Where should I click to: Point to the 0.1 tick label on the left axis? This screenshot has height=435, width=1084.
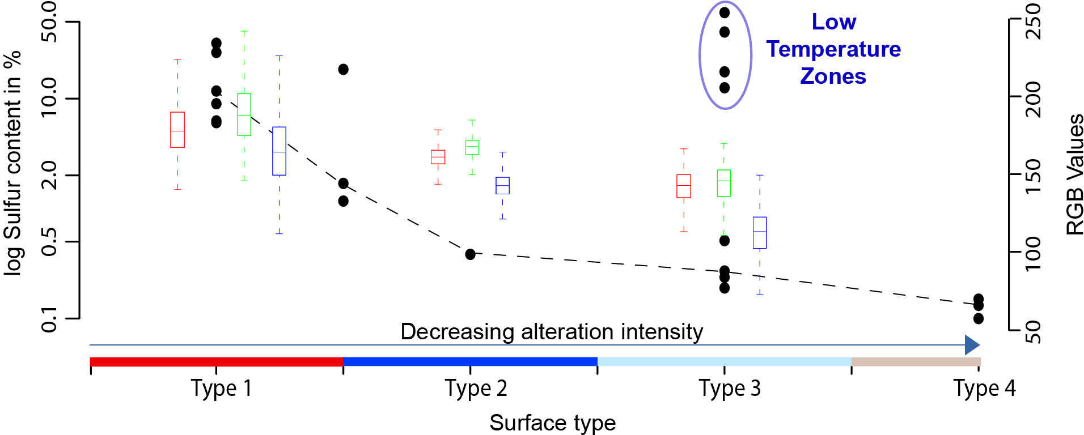point(50,319)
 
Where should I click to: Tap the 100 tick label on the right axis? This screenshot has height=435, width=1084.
point(1034,253)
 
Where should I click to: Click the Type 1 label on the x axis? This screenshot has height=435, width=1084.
point(221,389)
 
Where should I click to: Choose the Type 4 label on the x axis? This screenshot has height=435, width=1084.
point(984,389)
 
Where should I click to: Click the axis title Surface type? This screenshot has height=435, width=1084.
point(552,423)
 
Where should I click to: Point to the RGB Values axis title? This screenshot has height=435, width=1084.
point(1074,174)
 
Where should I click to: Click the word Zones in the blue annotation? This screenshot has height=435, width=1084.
point(833,76)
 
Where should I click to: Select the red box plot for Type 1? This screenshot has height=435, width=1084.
point(177,130)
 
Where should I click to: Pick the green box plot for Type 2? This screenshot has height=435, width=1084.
point(472,147)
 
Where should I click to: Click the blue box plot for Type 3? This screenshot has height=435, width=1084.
point(760,232)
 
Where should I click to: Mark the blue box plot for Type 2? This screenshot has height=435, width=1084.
point(502,185)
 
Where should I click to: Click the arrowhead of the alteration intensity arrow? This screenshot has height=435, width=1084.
point(972,344)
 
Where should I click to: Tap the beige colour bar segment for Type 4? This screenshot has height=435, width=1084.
point(916,362)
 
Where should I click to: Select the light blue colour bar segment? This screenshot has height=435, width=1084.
point(724,362)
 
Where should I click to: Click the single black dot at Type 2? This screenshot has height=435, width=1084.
point(471,254)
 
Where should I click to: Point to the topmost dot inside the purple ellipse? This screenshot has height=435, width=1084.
point(725,12)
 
